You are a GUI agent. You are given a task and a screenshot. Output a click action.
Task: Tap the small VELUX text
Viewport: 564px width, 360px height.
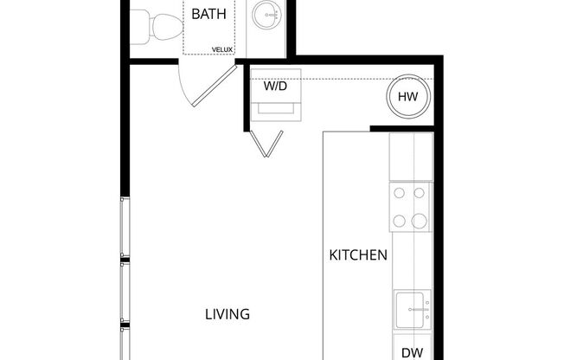[222, 49]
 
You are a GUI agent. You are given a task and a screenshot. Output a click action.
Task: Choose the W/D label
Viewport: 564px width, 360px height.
[276, 86]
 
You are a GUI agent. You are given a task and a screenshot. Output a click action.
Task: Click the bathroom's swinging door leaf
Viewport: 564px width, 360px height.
[215, 87]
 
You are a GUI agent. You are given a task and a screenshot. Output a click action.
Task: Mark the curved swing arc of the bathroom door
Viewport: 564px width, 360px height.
[185, 87]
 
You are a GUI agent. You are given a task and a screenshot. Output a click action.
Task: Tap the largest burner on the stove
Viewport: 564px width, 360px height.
[420, 221]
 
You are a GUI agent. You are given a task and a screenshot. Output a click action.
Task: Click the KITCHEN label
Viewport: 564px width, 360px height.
[358, 256]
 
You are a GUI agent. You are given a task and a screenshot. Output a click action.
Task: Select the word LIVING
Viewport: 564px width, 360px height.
[228, 314]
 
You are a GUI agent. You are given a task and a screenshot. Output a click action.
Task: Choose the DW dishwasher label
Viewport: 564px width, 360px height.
[411, 351]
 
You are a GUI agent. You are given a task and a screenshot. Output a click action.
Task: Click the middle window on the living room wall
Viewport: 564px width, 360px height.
[125, 292]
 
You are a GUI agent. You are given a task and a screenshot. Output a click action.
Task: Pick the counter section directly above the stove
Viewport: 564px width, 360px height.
[411, 157]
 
